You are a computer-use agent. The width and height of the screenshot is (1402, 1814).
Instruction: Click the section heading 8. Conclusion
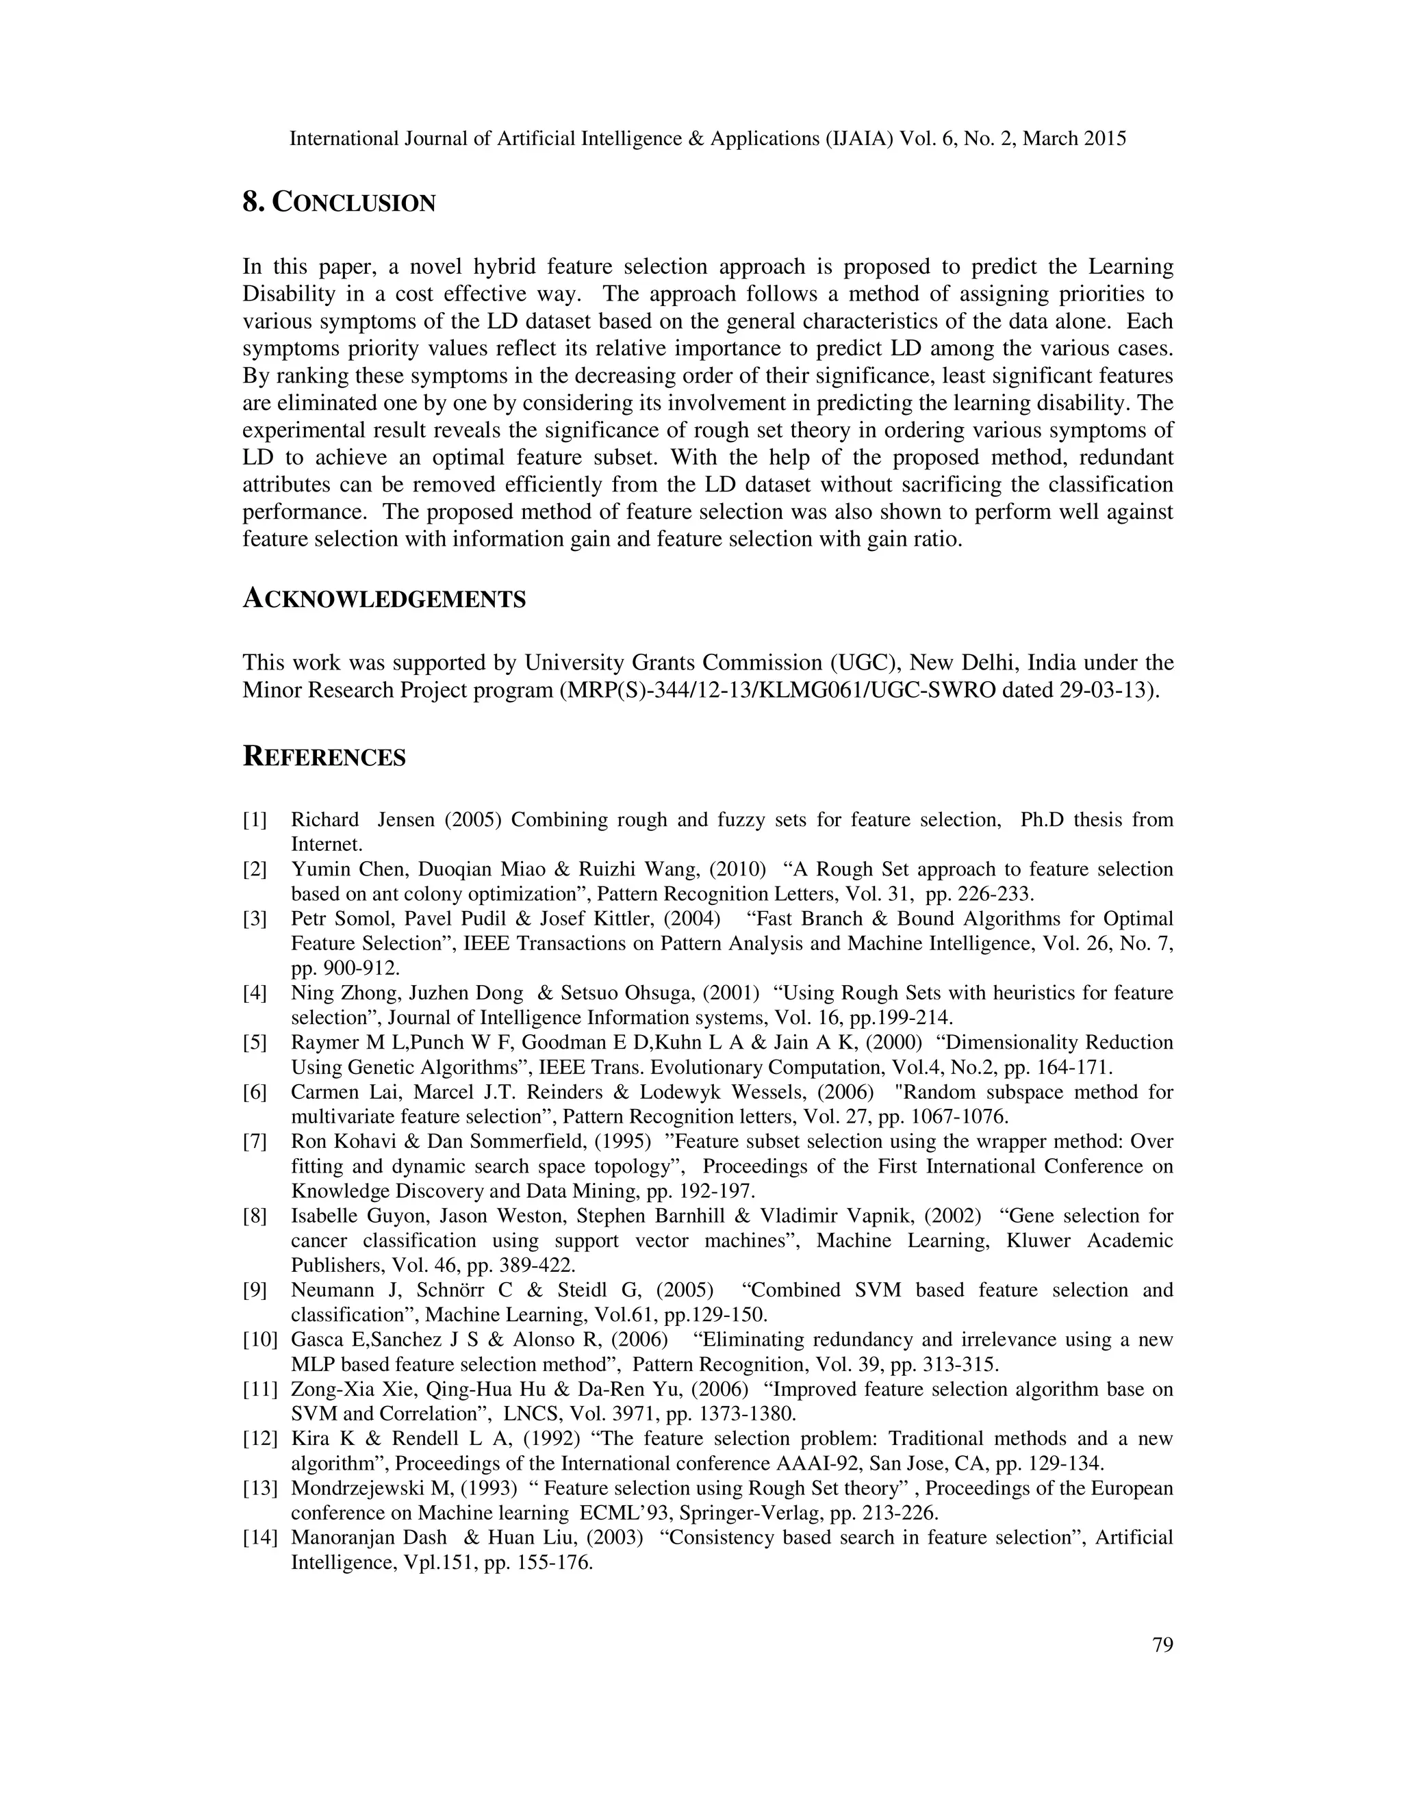tap(339, 202)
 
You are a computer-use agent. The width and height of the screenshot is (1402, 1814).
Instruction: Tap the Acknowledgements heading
tap(384, 599)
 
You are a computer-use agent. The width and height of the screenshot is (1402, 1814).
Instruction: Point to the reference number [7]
tap(254, 1141)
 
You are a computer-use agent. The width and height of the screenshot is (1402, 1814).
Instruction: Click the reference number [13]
tap(259, 1488)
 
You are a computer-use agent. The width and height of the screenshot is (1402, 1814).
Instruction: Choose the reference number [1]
tap(254, 820)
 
